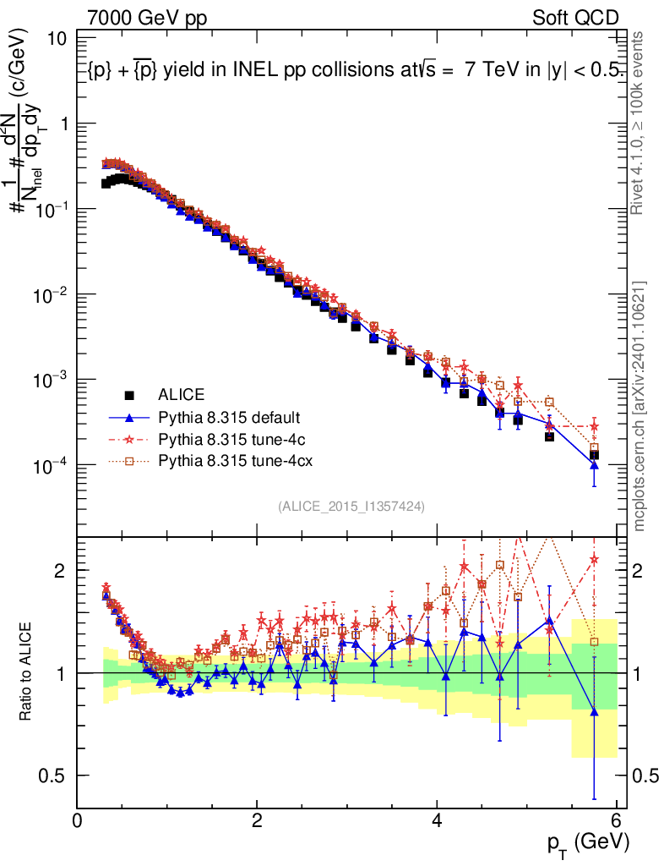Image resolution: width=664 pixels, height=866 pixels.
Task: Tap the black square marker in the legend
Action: click(129, 394)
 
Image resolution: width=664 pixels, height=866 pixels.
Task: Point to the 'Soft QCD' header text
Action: click(576, 18)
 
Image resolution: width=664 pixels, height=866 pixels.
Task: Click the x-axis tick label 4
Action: click(437, 821)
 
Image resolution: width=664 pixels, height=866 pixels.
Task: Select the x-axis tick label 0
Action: click(78, 821)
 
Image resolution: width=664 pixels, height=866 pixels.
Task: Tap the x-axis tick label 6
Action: click(617, 821)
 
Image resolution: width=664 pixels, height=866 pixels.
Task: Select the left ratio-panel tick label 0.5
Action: click(52, 776)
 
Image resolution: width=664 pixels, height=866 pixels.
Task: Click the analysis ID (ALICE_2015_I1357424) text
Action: click(351, 506)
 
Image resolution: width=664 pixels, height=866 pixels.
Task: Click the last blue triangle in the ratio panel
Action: click(594, 712)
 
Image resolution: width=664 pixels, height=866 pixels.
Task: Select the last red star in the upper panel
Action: click(594, 427)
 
